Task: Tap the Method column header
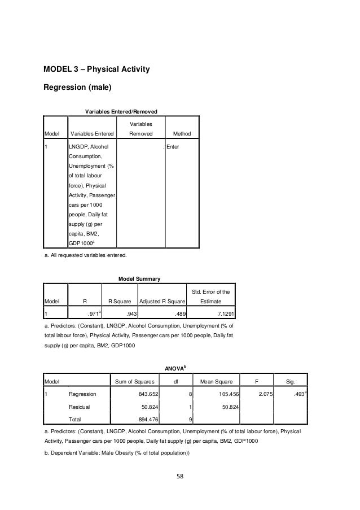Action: [x=182, y=134]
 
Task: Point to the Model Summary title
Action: [x=139, y=278]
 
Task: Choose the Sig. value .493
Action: [x=299, y=394]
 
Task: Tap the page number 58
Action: [x=179, y=475]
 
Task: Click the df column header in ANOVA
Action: [x=175, y=381]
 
